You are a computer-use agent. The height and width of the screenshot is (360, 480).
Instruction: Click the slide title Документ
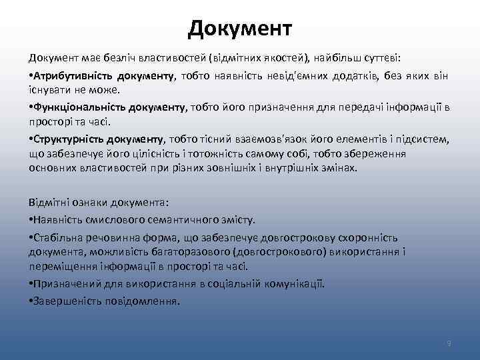tap(240, 29)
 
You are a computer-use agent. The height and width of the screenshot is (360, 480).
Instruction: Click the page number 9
tap(449, 343)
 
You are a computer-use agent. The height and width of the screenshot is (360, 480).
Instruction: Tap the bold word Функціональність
tap(76, 107)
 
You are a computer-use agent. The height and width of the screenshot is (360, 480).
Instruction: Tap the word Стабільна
tap(59, 237)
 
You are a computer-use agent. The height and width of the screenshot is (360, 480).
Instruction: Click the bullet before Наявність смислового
tap(31, 219)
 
